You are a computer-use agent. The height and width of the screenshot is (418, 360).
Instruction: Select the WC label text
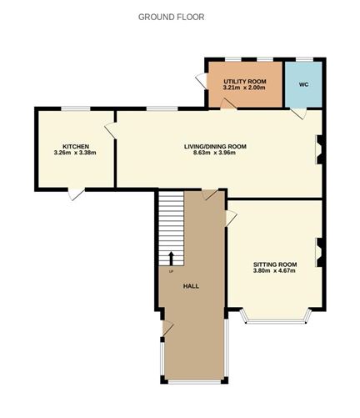pos(303,83)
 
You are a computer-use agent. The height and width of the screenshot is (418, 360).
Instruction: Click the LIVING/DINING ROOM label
pos(215,146)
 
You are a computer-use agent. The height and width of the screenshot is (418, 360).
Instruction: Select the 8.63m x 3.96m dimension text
pos(216,154)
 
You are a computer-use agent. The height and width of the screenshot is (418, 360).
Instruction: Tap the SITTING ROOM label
pos(275,264)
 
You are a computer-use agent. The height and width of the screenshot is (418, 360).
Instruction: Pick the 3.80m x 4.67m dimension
pos(275,271)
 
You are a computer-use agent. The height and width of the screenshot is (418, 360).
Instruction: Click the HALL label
pos(192,286)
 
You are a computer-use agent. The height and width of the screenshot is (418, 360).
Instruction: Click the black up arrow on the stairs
pos(171,258)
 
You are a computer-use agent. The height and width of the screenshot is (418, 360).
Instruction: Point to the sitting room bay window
pos(275,320)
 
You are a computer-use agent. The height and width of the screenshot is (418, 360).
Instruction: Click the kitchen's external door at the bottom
pos(76,194)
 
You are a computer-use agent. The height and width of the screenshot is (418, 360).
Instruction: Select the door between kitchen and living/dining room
pos(110,130)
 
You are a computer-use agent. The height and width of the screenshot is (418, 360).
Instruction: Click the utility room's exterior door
pos(201,80)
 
